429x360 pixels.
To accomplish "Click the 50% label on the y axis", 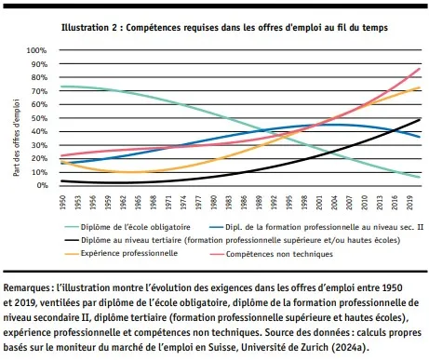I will click(x=37, y=118).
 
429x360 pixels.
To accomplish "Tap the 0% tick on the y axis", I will click(x=40, y=185).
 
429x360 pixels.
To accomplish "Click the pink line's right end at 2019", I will click(x=418, y=69).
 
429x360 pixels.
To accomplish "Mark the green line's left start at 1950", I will click(x=60, y=87).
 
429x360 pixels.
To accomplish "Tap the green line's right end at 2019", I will click(x=418, y=177).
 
